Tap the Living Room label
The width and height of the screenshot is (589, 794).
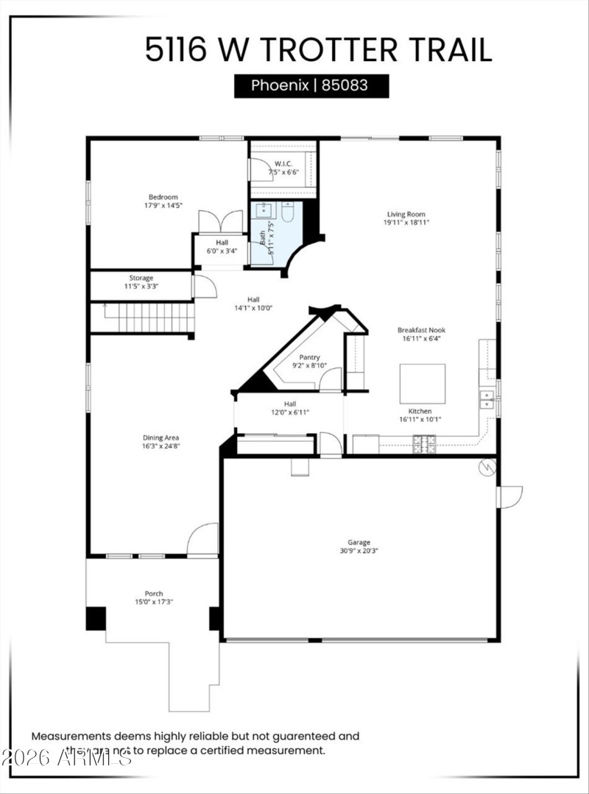tap(406, 214)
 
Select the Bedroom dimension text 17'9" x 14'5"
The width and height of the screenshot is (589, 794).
tap(163, 206)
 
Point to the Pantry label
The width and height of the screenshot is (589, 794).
tap(309, 357)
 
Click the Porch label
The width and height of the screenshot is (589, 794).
tap(153, 594)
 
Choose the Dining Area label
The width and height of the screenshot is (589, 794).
tap(161, 438)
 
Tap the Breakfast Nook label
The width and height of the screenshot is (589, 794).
tap(421, 331)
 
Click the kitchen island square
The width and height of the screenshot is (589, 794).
tap(422, 383)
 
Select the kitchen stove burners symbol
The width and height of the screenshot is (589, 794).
tap(425, 443)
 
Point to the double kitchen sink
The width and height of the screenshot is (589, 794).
tap(487, 399)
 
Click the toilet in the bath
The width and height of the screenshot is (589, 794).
tap(287, 213)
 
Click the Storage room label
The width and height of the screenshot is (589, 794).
tap(141, 278)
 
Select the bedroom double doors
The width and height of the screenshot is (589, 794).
tap(222, 222)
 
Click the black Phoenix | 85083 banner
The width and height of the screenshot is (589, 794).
tap(311, 85)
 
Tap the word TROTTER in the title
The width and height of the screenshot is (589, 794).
tap(331, 50)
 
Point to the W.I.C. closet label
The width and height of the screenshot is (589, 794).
tap(283, 164)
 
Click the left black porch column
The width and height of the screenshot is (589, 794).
tap(96, 618)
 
